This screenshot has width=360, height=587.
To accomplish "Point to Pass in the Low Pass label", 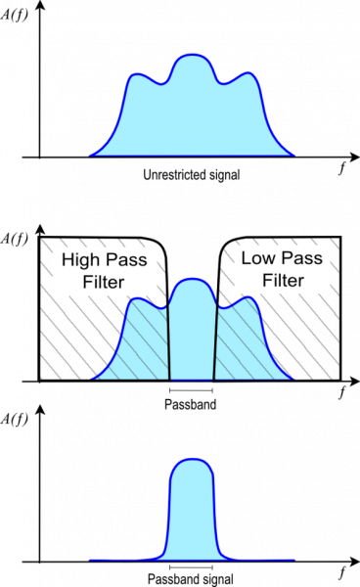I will click(301, 259).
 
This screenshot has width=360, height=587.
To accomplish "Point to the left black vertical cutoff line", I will click(168, 342).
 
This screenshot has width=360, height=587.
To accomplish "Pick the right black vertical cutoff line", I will click(215, 342).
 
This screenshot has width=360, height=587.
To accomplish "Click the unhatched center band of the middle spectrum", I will click(192, 333).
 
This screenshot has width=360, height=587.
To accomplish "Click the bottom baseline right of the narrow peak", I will click(264, 560).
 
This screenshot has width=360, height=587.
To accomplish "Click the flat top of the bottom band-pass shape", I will click(192, 462).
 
